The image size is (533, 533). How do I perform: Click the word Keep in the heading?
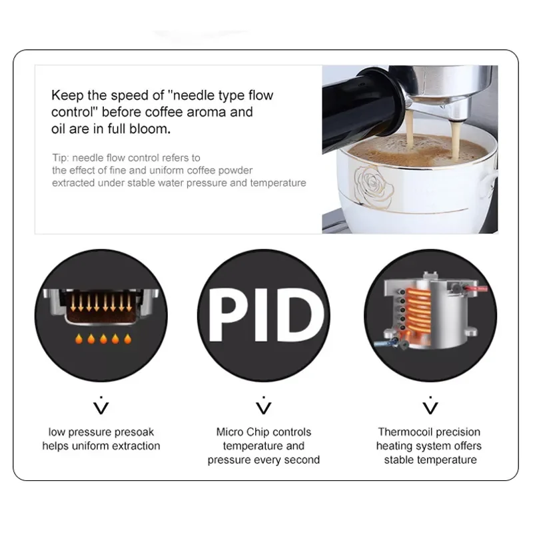pyautogui.click(x=68, y=95)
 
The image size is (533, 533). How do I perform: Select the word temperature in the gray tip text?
pyautogui.click(x=278, y=183)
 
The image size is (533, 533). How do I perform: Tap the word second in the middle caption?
pyautogui.click(x=302, y=460)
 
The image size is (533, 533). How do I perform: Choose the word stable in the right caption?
pyautogui.click(x=402, y=460)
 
